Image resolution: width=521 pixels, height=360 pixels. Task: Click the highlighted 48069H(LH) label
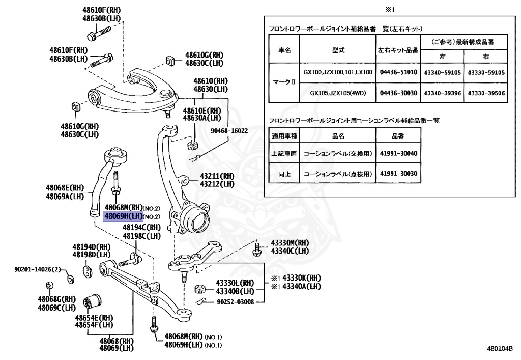coord(122,216)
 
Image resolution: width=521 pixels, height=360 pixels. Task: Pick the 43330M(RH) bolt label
coord(290,243)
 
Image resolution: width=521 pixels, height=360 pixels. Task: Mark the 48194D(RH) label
coord(92,246)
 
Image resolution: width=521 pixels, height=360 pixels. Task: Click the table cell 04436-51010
coord(398,72)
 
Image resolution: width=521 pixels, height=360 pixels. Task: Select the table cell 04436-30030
coord(398,93)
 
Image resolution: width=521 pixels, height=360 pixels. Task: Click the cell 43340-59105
coord(442,72)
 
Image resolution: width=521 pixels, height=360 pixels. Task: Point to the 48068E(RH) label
coord(65,188)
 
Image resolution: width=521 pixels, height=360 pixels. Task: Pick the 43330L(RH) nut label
coord(235,283)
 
